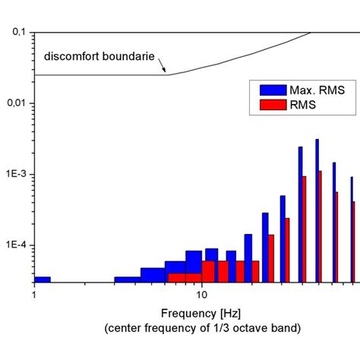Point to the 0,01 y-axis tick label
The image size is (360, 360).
(16, 103)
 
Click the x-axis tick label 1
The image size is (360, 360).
(34, 294)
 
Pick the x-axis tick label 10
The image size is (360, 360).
(201, 294)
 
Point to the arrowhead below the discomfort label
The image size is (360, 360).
(165, 72)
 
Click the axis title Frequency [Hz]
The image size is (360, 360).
(201, 312)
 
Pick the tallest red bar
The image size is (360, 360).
(321, 226)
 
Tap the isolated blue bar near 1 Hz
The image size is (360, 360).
(43, 279)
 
